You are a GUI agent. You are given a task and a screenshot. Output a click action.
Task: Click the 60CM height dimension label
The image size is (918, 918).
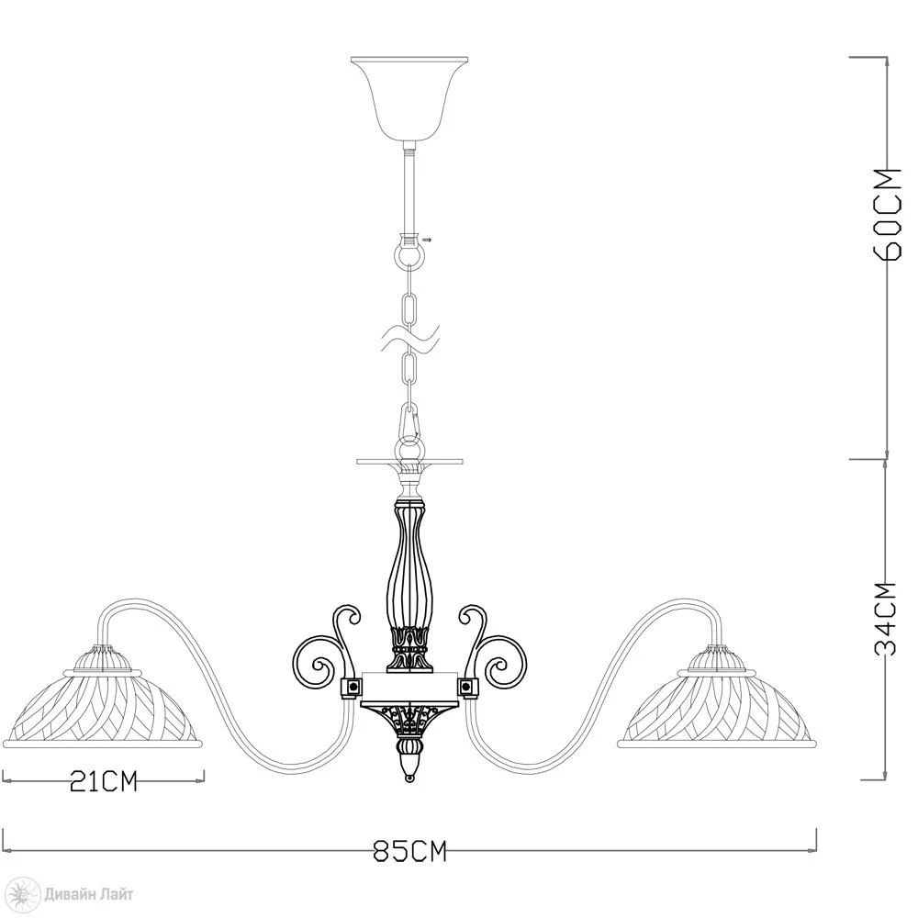click(x=887, y=214)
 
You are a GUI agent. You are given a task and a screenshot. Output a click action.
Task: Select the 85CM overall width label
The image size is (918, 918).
click(x=409, y=851)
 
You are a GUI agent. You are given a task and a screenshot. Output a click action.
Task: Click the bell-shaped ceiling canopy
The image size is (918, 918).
click(x=409, y=98)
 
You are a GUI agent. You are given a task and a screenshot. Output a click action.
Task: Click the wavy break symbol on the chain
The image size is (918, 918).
click(x=409, y=340)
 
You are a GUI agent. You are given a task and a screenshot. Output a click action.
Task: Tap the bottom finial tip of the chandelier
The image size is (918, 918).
click(x=409, y=778)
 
